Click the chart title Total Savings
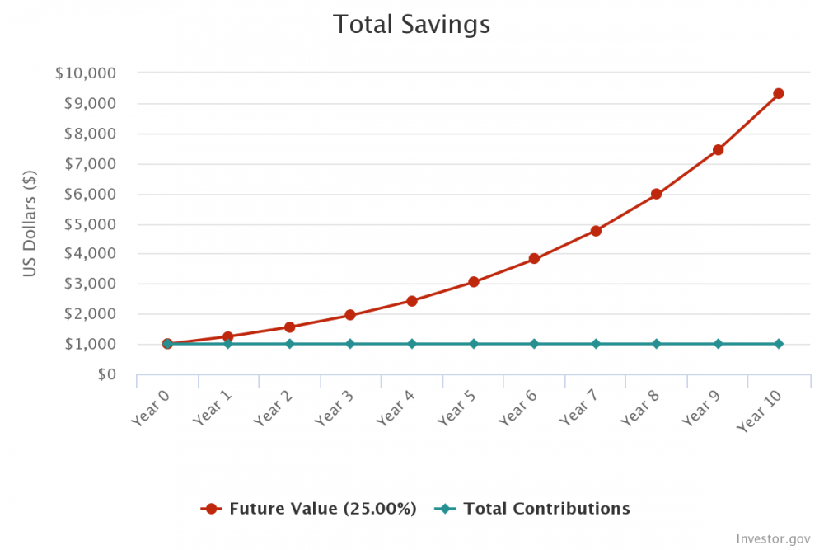tap(411, 24)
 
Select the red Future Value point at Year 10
tap(778, 94)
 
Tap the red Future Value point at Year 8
tap(656, 195)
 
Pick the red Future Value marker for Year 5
tap(474, 282)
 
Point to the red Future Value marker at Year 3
tap(350, 315)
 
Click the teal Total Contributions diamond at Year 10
tap(778, 344)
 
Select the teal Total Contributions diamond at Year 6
tap(534, 344)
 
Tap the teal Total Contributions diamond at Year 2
tap(289, 344)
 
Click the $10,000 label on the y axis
tap(85, 73)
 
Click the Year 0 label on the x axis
tap(152, 407)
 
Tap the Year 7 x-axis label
tap(579, 407)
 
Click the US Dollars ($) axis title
tap(30, 223)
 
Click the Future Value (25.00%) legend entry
tap(309, 509)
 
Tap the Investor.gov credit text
tap(774, 539)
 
